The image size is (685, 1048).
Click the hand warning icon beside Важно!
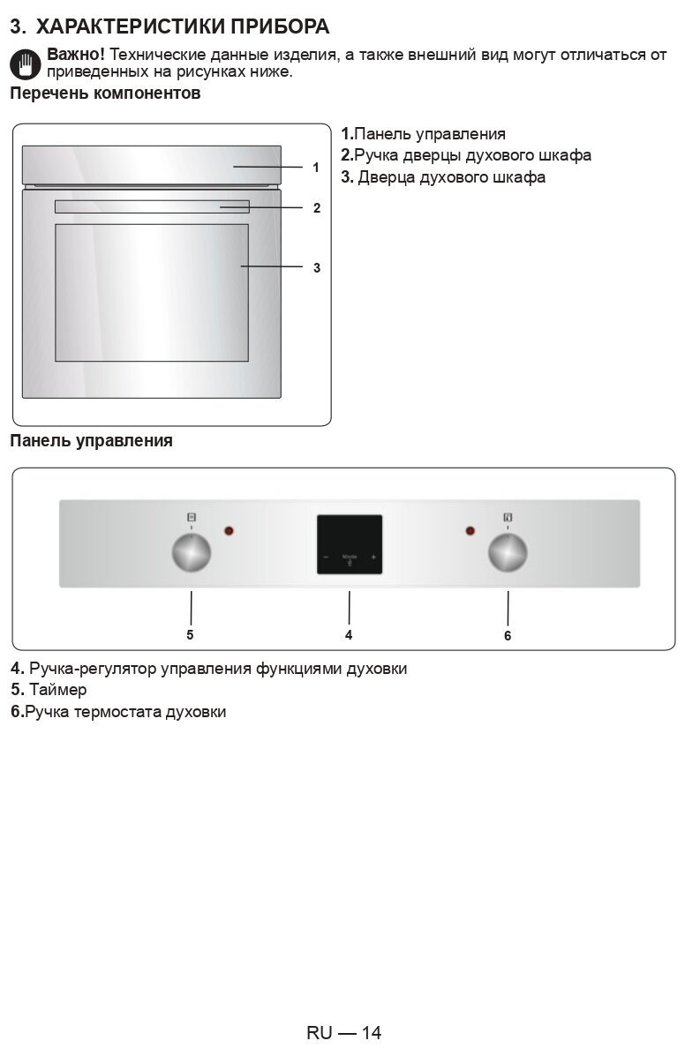pos(26,64)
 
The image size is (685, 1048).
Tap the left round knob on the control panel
pos(191,553)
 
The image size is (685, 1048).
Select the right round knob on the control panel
pos(508,553)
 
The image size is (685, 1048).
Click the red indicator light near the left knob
pos(230,531)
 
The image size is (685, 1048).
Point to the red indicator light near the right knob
pos(470,531)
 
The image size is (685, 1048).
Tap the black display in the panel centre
pos(350,544)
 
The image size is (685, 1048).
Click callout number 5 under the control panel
pos(190,634)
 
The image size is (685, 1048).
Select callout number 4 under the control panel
pos(349,634)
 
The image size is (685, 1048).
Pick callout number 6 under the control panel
pos(508,635)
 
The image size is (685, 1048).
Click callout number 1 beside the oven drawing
pos(316,167)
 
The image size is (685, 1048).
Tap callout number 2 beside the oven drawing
pos(316,209)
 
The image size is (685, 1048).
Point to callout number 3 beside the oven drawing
pos(316,267)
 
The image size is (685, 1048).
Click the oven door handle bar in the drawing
pos(152,206)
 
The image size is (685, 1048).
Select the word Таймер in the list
pos(57,690)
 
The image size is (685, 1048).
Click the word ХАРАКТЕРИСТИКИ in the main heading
pos(129,26)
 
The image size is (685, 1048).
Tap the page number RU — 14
pos(343,1032)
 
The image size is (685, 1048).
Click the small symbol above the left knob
pos(191,517)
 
